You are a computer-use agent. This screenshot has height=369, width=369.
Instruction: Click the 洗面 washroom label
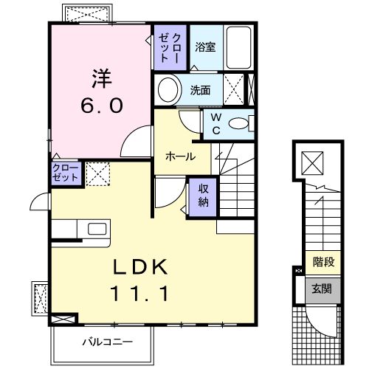201,91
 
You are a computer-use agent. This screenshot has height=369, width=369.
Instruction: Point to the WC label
215,123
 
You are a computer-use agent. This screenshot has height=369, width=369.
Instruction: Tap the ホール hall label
180,156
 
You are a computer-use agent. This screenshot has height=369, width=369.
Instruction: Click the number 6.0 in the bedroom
102,105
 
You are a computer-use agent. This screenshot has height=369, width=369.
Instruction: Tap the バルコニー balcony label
106,342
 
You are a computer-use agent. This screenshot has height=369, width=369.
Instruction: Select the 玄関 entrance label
322,289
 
